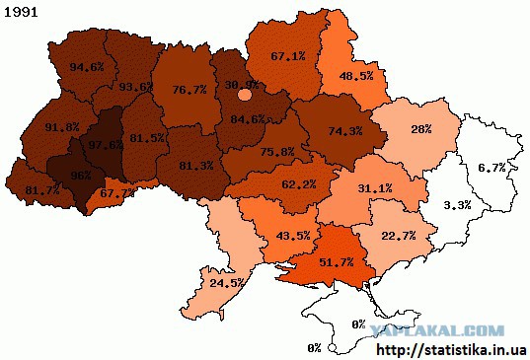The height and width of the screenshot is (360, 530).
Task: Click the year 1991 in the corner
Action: [x=21, y=15]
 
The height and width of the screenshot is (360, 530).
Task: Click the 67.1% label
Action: [x=288, y=55]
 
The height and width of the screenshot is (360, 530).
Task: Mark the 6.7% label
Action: [x=491, y=169]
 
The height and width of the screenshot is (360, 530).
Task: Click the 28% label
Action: [x=422, y=130]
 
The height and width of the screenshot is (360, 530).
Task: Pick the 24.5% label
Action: [x=227, y=283]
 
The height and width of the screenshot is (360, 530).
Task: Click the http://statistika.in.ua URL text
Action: [x=453, y=349]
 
